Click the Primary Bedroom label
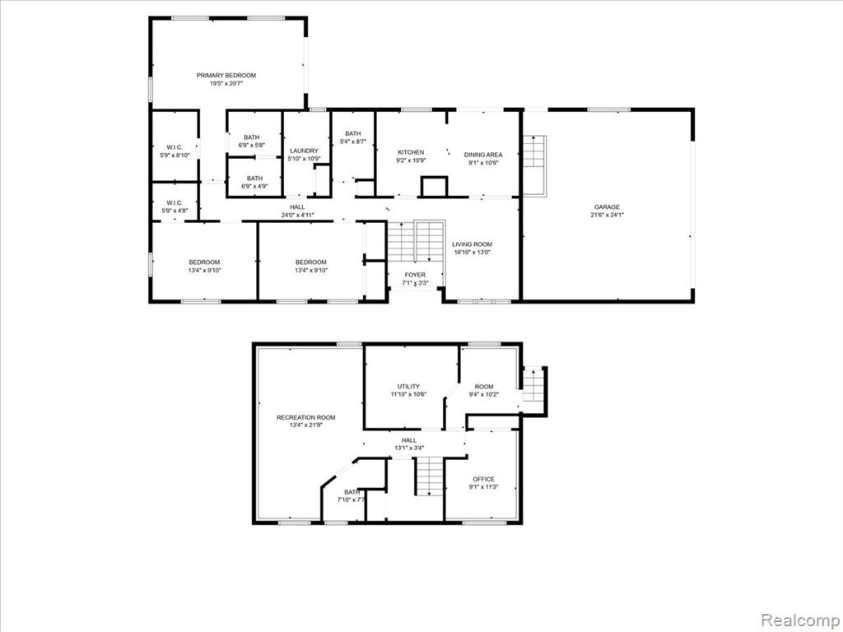point(226,75)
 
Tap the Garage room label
point(607,207)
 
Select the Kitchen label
point(411,152)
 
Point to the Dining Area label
point(483,155)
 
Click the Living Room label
point(472,244)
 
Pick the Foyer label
point(415,275)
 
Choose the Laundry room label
point(304,151)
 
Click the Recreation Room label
point(306,417)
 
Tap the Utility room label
point(408,387)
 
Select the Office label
point(483,479)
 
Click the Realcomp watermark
point(799,620)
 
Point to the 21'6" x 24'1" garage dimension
point(607,215)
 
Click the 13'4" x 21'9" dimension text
point(306,425)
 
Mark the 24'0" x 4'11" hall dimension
point(297,215)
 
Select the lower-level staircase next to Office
point(429,476)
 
